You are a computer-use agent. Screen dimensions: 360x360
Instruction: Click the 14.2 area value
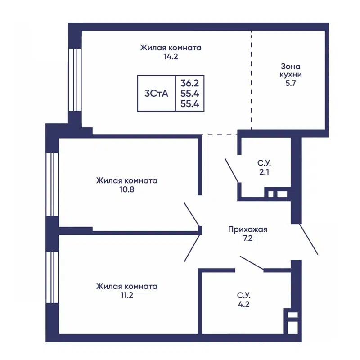pyautogui.click(x=171, y=57)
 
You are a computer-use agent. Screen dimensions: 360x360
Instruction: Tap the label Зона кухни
pyautogui.click(x=290, y=71)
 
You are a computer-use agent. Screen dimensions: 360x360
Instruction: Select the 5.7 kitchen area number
pyautogui.click(x=291, y=83)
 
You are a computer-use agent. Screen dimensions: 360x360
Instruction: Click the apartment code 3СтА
pyautogui.click(x=156, y=94)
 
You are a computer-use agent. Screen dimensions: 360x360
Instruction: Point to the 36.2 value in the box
pyautogui.click(x=189, y=83)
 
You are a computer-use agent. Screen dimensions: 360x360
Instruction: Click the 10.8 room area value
pyautogui.click(x=127, y=189)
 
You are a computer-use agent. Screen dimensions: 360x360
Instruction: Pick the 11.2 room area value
pyautogui.click(x=127, y=295)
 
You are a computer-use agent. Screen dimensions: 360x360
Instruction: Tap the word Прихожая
pyautogui.click(x=248, y=229)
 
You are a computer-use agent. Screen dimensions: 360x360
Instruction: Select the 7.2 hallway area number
pyautogui.click(x=248, y=238)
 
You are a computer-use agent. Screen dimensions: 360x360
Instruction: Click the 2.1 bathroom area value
pyautogui.click(x=264, y=172)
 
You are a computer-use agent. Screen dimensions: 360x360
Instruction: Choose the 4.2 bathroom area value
pyautogui.click(x=243, y=304)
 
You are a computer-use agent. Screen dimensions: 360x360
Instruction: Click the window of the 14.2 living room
pyautogui.click(x=75, y=80)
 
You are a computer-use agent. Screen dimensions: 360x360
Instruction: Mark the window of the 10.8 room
pyautogui.click(x=52, y=184)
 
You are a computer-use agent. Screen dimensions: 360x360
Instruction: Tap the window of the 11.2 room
pyautogui.click(x=52, y=277)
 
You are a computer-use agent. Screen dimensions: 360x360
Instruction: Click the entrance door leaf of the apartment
pyautogui.click(x=309, y=239)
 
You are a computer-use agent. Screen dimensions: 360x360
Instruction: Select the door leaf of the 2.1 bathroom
pyautogui.click(x=232, y=171)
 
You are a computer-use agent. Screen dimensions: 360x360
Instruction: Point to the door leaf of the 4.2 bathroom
pyautogui.click(x=252, y=262)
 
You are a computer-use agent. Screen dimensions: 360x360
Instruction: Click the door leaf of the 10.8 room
pyautogui.click(x=192, y=214)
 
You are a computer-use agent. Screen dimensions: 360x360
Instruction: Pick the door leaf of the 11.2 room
pyautogui.click(x=192, y=248)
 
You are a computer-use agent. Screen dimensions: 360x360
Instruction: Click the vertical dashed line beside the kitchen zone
pyautogui.click(x=252, y=80)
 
